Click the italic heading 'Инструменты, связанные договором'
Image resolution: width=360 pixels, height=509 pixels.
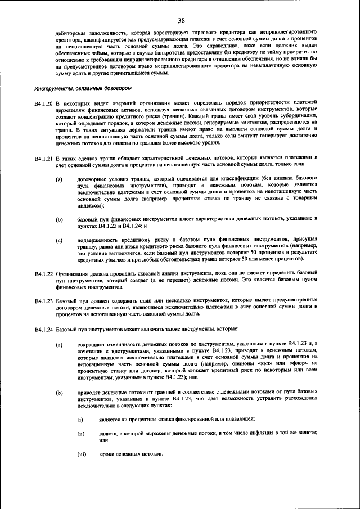(83, 88)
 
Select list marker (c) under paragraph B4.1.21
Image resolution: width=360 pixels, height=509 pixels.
(58, 240)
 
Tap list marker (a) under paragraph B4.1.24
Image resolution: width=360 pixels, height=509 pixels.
(58, 343)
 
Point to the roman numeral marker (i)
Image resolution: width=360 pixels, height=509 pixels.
(80, 419)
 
